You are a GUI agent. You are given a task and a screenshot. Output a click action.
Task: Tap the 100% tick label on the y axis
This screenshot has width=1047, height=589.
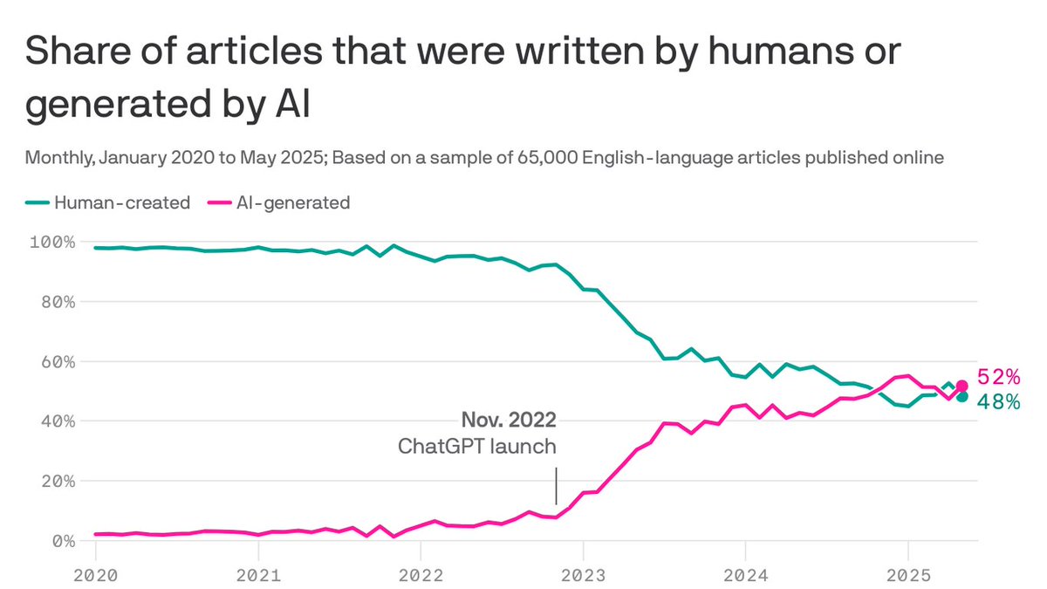(51, 242)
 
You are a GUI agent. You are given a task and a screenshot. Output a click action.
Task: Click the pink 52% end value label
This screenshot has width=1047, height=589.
(998, 378)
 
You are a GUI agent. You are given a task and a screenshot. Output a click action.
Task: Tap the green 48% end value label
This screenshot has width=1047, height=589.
(998, 402)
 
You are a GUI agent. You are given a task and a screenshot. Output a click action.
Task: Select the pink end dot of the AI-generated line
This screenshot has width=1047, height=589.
(961, 386)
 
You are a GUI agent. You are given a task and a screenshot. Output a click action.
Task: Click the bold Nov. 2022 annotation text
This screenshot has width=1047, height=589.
(508, 421)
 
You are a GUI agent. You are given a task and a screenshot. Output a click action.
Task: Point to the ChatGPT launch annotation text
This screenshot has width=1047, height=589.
(477, 447)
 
